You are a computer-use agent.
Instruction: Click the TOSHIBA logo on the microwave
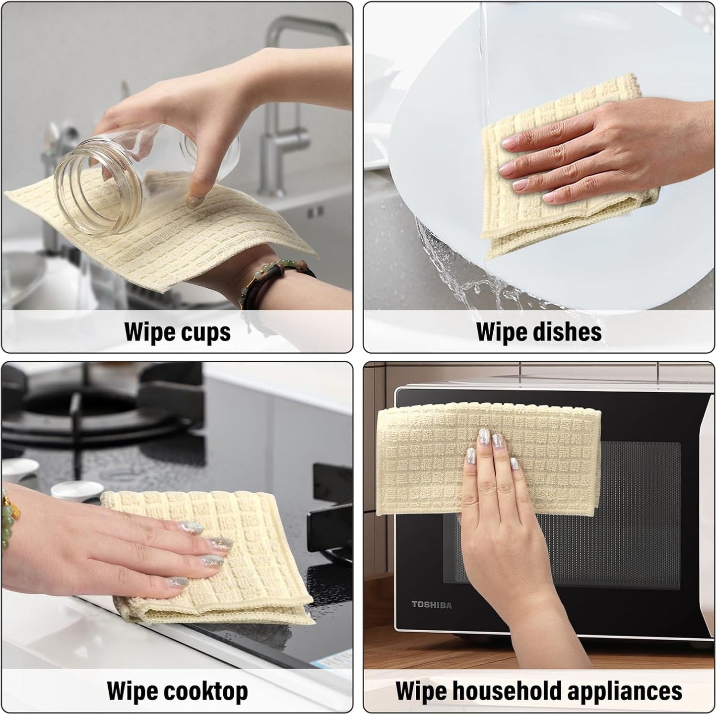432,605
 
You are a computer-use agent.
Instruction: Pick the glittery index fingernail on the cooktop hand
191,527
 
